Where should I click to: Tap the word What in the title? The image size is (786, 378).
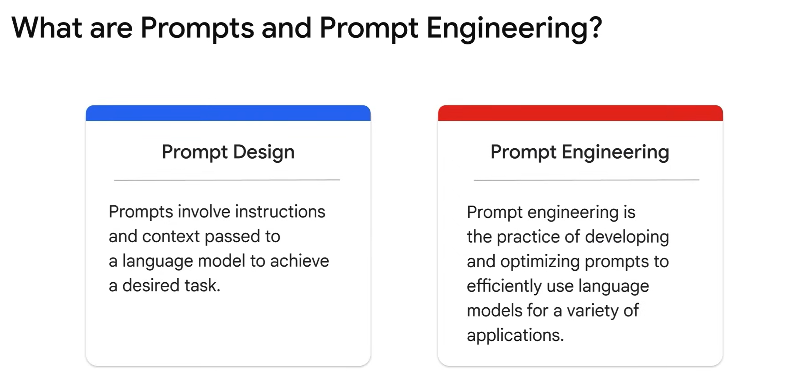point(46,27)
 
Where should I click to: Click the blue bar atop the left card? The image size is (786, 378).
point(228,113)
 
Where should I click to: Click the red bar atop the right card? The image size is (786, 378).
point(580,113)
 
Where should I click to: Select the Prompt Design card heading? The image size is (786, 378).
point(228,152)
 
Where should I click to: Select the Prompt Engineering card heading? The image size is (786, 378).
point(580,152)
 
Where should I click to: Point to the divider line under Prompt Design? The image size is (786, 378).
point(227,180)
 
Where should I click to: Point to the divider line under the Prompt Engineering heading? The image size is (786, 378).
point(587,180)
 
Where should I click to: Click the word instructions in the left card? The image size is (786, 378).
point(280,212)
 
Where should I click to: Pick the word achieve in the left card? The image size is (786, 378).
point(300,261)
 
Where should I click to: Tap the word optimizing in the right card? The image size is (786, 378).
point(540,262)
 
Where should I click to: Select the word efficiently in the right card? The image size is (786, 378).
point(504,286)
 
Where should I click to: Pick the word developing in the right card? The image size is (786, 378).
point(627,237)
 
